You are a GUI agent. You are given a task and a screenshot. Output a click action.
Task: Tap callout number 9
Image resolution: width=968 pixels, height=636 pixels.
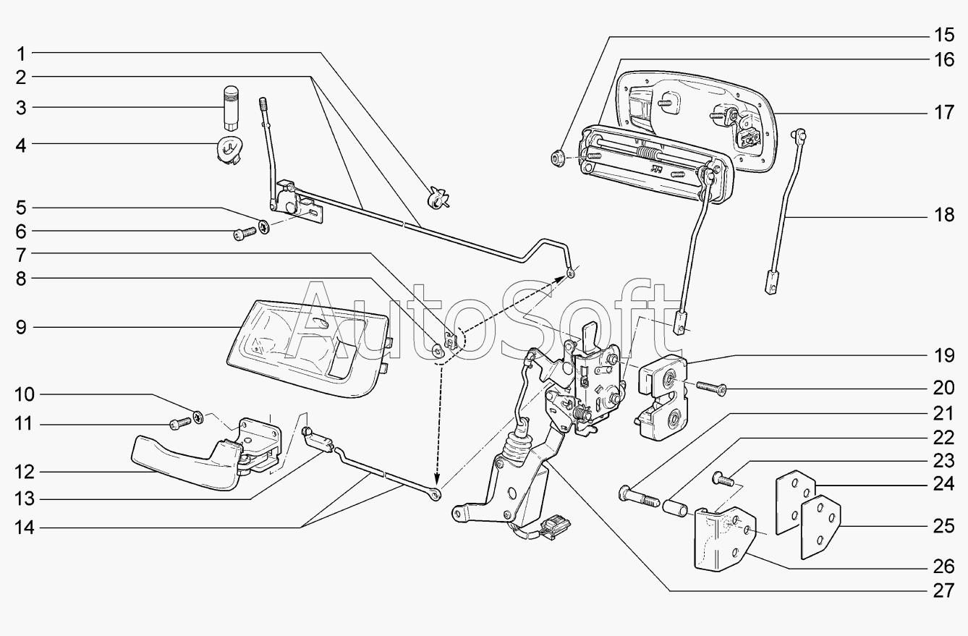click(x=22, y=328)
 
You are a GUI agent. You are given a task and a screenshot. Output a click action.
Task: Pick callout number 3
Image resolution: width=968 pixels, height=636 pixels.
click(x=22, y=108)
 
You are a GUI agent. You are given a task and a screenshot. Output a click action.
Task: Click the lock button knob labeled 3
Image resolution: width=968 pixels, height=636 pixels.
click(x=231, y=105)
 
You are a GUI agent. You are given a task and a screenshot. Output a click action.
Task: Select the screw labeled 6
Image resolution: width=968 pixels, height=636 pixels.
click(x=244, y=233)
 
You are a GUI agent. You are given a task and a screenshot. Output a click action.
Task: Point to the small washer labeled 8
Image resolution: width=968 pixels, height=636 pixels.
click(x=438, y=352)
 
